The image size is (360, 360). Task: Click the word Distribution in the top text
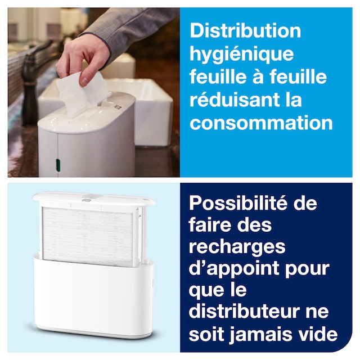click(x=245, y=31)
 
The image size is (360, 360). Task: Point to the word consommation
click(x=261, y=123)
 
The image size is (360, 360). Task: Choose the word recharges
click(x=237, y=247)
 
